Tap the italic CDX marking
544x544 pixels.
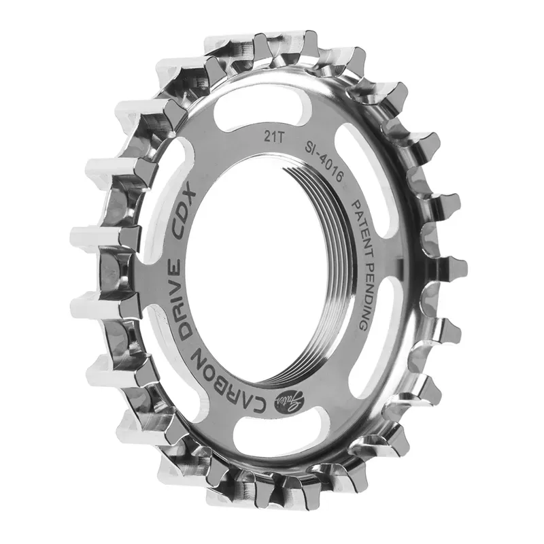(183, 211)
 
